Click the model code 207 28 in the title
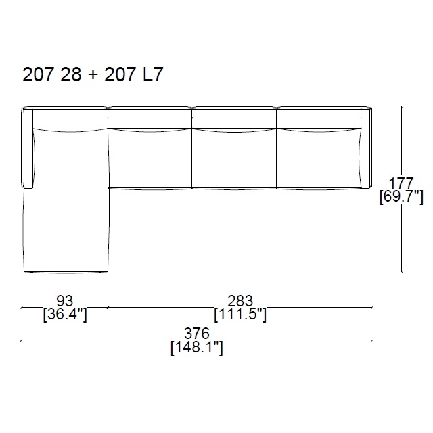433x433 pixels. coord(52,74)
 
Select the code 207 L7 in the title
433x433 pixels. coord(134,74)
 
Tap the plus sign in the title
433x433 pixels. coord(93,75)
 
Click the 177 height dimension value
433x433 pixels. coord(401,183)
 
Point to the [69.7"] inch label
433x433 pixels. coord(401,197)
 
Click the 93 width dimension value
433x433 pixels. coord(65,300)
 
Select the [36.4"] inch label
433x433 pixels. coord(65,314)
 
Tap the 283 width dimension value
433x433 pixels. coord(240,300)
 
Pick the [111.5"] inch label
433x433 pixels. coord(240,314)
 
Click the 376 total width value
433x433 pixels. coord(197,334)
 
